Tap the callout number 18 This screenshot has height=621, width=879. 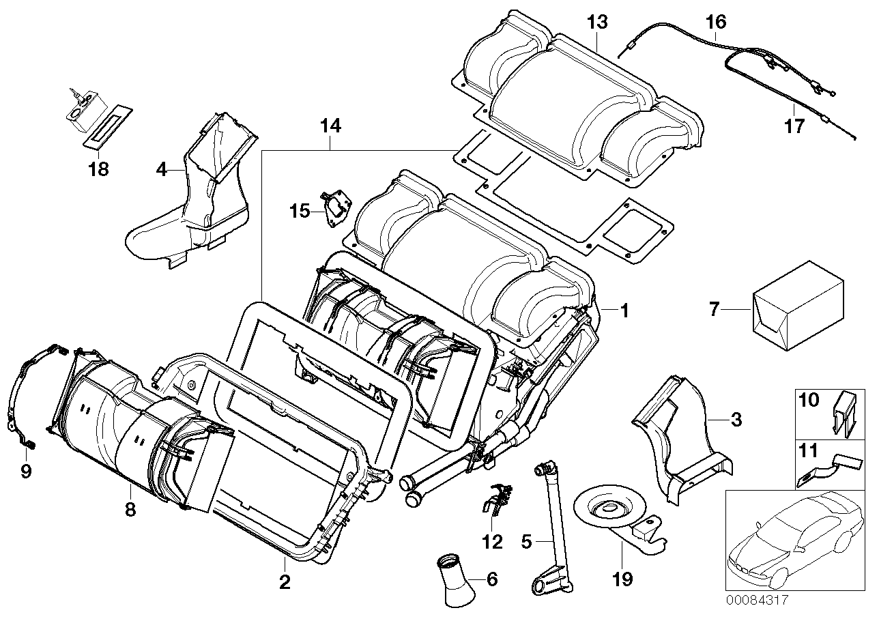coord(99,169)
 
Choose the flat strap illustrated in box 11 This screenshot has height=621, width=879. coord(826,470)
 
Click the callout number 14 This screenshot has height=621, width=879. coord(330,126)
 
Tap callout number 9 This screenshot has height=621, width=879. coord(26,472)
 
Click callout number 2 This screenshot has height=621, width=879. coord(285,582)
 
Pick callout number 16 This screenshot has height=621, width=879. coord(715,22)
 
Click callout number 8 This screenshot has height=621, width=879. coord(129,508)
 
